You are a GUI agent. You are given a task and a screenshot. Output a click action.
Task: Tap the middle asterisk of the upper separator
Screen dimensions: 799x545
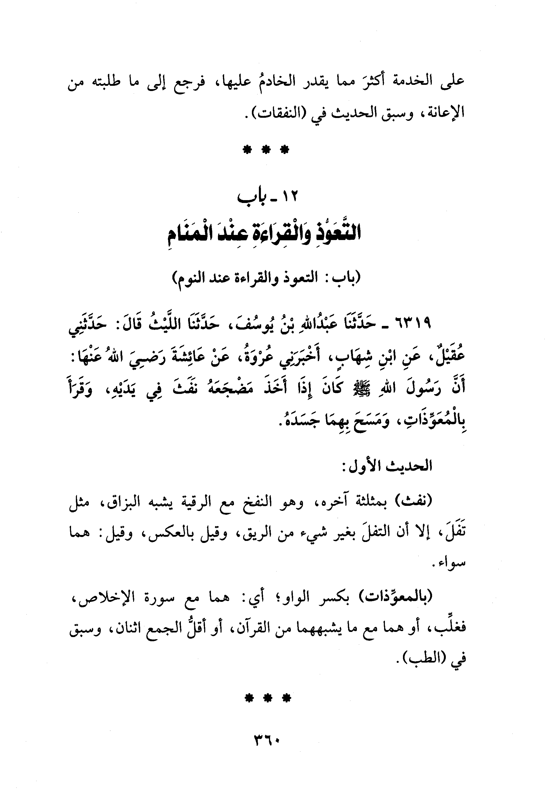coord(265,150)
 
